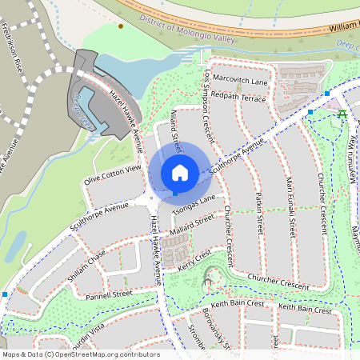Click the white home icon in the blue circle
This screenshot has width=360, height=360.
pyautogui.click(x=179, y=173)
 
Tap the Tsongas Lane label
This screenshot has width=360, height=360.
pyautogui.click(x=193, y=204)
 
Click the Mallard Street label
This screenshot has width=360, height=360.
pyautogui.click(x=192, y=226)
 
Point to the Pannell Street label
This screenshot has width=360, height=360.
pyautogui.click(x=109, y=295)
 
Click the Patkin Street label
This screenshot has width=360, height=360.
pyautogui.click(x=258, y=212)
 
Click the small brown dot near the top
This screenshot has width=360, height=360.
pyautogui.click(x=121, y=26)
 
